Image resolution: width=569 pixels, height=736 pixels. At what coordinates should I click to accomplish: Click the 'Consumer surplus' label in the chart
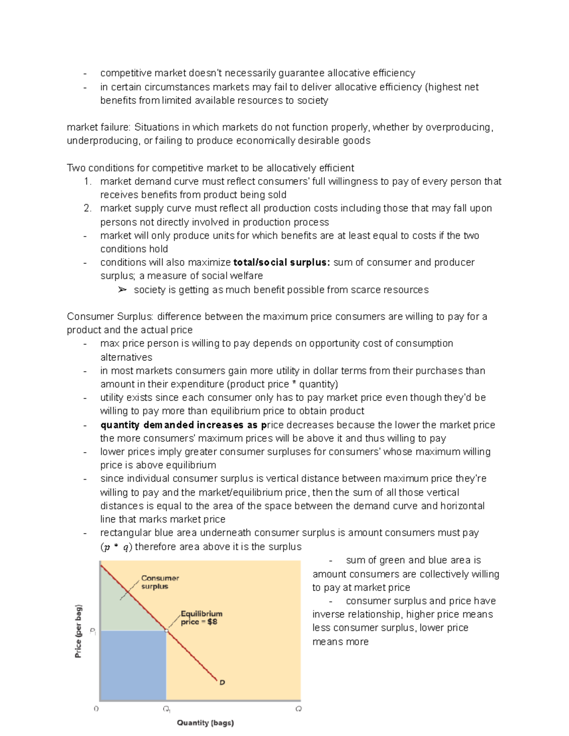(160, 582)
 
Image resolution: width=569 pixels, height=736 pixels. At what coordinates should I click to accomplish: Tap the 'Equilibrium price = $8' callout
(201, 618)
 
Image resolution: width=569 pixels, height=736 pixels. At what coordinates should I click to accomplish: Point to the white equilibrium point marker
(166, 630)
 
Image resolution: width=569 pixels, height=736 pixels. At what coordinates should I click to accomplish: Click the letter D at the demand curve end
(222, 682)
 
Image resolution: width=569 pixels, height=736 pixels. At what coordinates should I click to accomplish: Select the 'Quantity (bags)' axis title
(205, 723)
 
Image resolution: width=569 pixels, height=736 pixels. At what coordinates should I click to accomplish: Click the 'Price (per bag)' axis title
(78, 631)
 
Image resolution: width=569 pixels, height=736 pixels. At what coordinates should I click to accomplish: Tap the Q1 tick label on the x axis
(166, 709)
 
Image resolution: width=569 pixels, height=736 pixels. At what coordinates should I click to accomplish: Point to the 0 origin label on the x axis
(96, 709)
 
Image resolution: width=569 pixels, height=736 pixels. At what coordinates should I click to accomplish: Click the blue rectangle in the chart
(133, 665)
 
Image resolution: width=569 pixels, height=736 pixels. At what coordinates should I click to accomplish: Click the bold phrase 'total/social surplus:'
(282, 263)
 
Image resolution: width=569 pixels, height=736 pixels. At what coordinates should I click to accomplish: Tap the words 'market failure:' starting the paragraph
(98, 127)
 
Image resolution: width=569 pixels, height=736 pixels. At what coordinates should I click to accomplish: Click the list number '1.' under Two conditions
(87, 182)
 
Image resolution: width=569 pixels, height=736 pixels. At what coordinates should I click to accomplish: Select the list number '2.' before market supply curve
(87, 209)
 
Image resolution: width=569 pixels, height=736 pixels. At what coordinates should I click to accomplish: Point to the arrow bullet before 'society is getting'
(122, 290)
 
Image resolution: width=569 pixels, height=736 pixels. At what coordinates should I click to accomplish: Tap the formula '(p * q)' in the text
(116, 547)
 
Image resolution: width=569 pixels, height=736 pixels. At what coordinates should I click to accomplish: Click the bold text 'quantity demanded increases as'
(179, 425)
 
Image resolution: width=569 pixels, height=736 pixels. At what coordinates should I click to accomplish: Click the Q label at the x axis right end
(298, 709)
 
